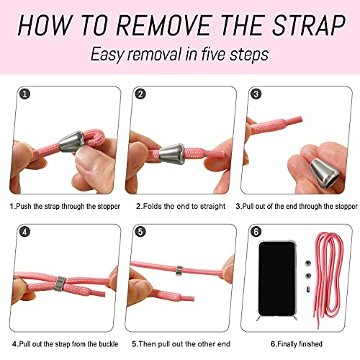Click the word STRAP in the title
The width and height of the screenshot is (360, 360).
[x=309, y=25]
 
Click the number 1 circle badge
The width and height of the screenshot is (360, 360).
[x=24, y=94]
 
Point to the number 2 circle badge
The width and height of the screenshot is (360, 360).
[x=140, y=94]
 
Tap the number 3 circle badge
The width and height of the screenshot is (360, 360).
[x=256, y=94]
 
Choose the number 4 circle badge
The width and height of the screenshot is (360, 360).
[x=24, y=232]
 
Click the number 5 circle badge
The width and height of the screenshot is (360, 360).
[x=140, y=232]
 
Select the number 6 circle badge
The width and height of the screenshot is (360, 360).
[x=256, y=232]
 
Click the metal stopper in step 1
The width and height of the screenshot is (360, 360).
[x=71, y=141]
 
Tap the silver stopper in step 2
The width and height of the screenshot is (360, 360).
[x=172, y=154]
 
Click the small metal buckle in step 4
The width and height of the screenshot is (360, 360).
[x=60, y=284]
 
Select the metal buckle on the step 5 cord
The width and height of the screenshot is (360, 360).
[x=179, y=271]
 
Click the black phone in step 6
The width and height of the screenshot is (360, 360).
[x=276, y=279]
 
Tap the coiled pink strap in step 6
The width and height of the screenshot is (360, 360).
[x=329, y=279]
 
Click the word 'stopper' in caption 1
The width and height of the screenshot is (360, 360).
[x=109, y=207]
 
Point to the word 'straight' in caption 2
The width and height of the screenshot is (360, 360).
[x=212, y=207]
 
